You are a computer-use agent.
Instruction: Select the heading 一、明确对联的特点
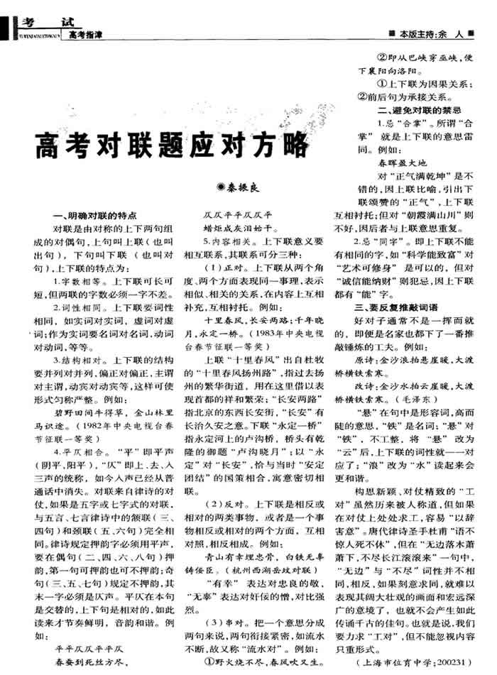tap(95, 215)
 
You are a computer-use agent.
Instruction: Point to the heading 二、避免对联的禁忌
tap(421, 110)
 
